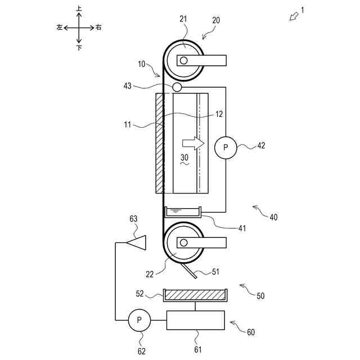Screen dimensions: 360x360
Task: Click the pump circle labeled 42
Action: tap(226, 147)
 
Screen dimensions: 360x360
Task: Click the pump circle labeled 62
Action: tap(139, 320)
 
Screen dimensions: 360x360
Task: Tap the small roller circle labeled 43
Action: tap(177, 87)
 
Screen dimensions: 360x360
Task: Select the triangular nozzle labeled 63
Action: tap(136, 242)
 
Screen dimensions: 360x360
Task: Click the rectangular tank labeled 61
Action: tap(195, 320)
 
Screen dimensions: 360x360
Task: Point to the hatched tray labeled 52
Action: tap(195, 295)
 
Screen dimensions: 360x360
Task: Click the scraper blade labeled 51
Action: tap(189, 271)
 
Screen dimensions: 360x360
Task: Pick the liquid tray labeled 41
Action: tap(183, 212)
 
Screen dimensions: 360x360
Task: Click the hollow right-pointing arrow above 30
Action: tap(193, 143)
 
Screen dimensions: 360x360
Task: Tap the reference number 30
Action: tap(184, 157)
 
